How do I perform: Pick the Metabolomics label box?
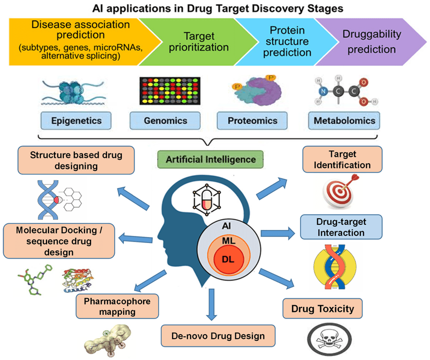pyautogui.click(x=343, y=121)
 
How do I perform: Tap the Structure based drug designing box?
pyautogui.click(x=76, y=159)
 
